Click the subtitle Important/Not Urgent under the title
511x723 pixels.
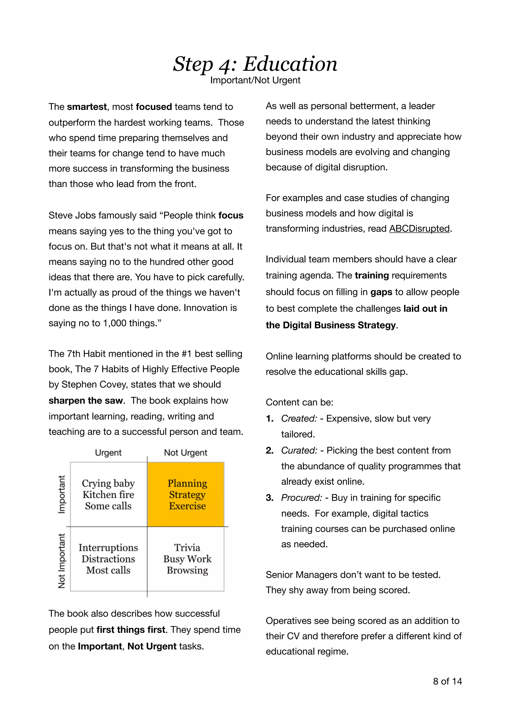(255, 80)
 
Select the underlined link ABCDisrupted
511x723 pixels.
(419, 229)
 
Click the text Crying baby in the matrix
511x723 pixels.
(108, 483)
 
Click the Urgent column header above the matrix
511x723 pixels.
(108, 453)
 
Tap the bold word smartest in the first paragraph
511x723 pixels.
(87, 107)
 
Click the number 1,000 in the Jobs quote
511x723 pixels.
(115, 323)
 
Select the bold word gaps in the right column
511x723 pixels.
(381, 292)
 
